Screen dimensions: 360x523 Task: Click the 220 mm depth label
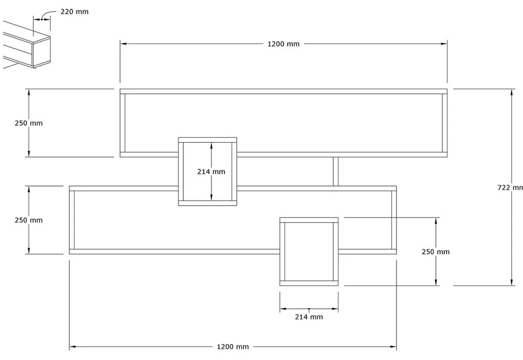pos(74,12)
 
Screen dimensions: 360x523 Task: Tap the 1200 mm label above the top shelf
pos(283,44)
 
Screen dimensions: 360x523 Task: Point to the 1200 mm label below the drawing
pos(233,347)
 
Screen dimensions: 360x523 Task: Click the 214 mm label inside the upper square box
pos(211,172)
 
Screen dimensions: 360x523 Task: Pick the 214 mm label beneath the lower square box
pos(309,317)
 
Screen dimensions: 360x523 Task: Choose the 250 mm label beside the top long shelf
pos(29,123)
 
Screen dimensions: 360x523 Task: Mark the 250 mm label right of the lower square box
pos(435,252)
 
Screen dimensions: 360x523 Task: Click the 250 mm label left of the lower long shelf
pos(29,220)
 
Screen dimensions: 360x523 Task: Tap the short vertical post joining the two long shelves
pos(335,171)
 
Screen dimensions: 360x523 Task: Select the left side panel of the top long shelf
pos(123,123)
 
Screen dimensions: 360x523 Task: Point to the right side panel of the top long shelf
pos(445,123)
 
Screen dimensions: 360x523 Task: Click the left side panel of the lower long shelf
pos(72,220)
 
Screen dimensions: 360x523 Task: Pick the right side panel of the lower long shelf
pos(394,220)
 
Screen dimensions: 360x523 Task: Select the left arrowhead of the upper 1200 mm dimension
pos(124,44)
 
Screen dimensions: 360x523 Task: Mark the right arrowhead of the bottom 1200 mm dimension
pos(393,347)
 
